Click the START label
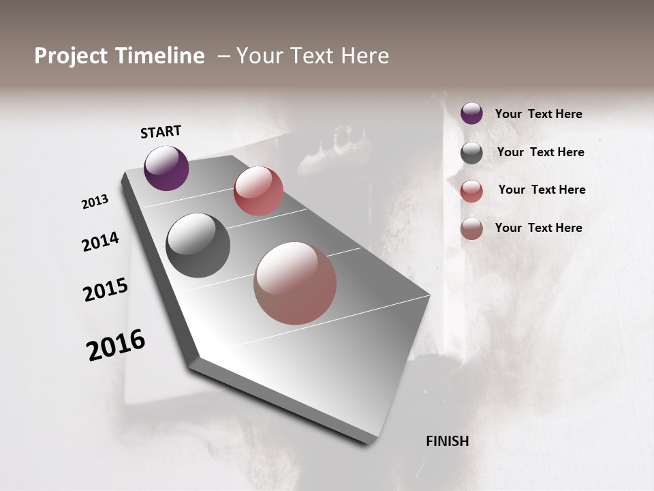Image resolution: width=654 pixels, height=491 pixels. click(161, 132)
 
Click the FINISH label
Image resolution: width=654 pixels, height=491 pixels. click(448, 441)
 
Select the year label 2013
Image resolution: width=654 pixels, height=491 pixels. click(95, 202)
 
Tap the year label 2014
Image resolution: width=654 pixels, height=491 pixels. click(100, 241)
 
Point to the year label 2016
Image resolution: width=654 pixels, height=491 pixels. click(116, 345)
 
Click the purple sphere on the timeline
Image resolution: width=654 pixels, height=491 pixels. click(166, 168)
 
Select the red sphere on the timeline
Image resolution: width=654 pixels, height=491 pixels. click(258, 191)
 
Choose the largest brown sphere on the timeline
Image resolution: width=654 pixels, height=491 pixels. click(295, 283)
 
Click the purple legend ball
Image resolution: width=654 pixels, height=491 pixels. click(471, 114)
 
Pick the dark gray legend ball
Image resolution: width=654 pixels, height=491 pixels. click(471, 153)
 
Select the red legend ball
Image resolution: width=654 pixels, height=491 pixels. click(471, 191)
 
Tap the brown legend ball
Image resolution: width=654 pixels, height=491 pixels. click(471, 229)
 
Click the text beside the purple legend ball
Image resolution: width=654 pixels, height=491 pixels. click(538, 115)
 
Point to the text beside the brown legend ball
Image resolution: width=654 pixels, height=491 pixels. click(538, 228)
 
